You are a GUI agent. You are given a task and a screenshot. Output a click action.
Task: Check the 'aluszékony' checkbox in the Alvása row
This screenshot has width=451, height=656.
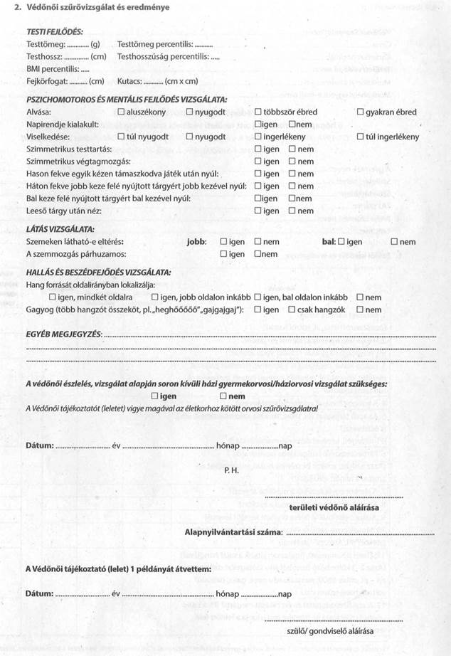[x=122, y=112]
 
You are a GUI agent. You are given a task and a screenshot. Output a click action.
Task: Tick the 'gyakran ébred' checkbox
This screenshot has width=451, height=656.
[x=361, y=112]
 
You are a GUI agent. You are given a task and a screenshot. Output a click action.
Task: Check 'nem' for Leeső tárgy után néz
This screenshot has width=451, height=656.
[x=292, y=211]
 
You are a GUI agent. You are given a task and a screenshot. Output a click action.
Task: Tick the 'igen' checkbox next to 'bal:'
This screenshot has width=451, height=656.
[x=341, y=242]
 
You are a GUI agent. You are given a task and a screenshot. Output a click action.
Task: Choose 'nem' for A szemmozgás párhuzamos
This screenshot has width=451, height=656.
[x=259, y=254]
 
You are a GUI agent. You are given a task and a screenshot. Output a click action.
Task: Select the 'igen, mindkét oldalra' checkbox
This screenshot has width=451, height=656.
[x=53, y=297]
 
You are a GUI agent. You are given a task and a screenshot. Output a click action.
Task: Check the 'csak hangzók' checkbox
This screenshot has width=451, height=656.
[x=292, y=310]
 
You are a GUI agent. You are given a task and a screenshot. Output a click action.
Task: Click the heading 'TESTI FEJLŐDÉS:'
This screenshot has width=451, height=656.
[x=55, y=32]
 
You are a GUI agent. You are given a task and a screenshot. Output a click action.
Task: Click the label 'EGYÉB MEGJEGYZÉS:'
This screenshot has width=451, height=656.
[x=64, y=334]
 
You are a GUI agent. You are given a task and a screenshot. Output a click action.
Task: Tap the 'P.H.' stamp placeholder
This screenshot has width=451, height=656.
[x=230, y=470]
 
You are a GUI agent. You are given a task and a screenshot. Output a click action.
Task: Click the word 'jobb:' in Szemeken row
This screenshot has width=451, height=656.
[x=196, y=242]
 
